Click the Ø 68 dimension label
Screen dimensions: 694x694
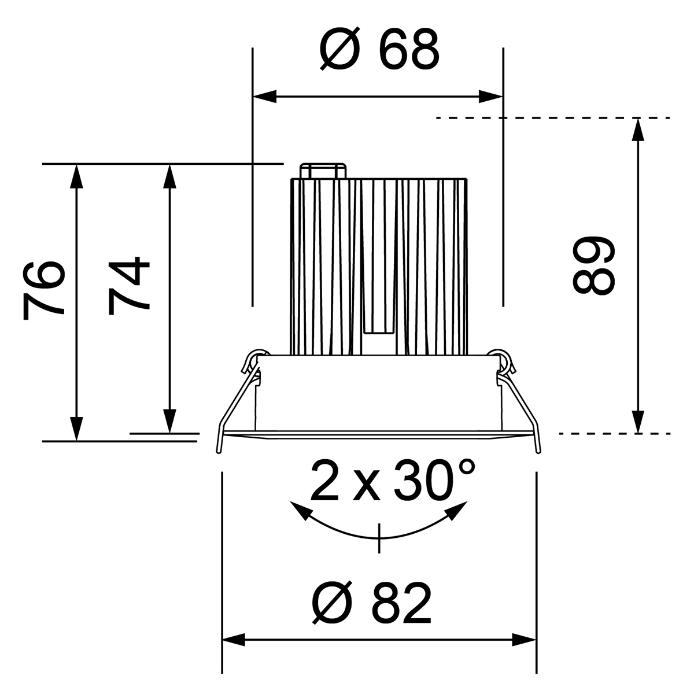379,51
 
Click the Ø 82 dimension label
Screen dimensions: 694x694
373,603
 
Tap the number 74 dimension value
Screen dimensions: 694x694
130,286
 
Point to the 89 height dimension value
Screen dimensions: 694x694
592,267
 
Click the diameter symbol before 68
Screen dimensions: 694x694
341,51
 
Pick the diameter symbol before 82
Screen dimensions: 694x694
334,603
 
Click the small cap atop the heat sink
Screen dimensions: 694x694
322,171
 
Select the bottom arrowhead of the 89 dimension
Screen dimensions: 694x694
638,422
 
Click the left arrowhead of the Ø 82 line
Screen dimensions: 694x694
234,640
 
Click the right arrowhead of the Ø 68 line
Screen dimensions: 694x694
491,97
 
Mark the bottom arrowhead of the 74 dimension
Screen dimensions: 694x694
169,420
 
